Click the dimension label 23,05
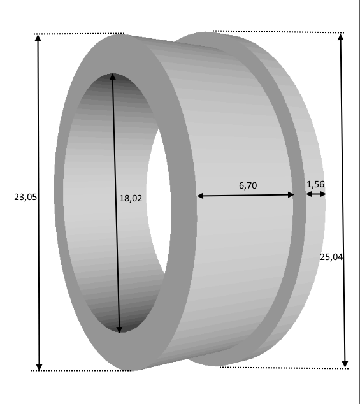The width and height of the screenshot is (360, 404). (25, 197)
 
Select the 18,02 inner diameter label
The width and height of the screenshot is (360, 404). (131, 198)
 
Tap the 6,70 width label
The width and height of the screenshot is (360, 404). (248, 185)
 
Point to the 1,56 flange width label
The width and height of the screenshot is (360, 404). (315, 185)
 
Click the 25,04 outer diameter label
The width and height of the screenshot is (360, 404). (331, 257)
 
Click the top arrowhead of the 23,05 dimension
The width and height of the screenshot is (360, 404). (38, 38)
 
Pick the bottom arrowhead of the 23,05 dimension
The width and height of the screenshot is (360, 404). (39, 367)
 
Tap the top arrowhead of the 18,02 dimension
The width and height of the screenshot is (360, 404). (112, 76)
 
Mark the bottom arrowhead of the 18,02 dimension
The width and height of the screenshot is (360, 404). (119, 329)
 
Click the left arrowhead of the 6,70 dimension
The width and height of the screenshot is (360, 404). (200, 196)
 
